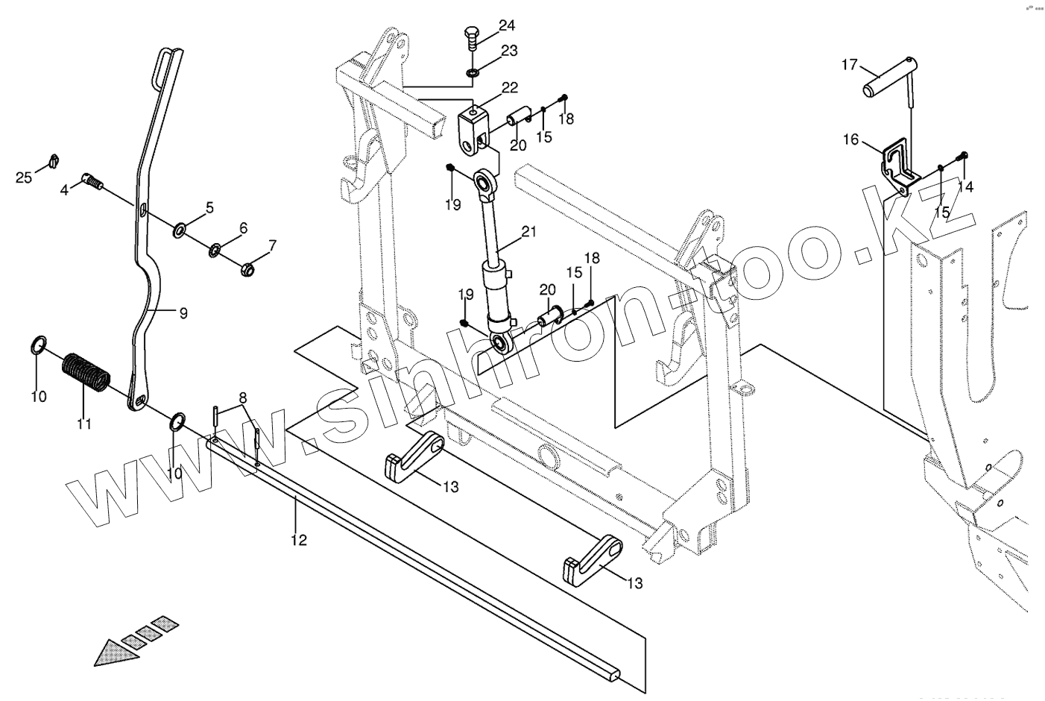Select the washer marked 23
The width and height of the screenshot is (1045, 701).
tap(473, 72)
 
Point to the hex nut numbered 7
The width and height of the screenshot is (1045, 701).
tap(247, 267)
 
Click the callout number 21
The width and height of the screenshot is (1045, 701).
tap(528, 231)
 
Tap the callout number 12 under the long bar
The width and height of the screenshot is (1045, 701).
tap(299, 540)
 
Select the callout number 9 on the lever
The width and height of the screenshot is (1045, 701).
tap(183, 314)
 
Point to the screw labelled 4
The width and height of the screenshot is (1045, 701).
tap(93, 180)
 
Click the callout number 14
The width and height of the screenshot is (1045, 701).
tap(966, 186)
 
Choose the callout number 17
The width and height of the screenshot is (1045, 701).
tap(850, 64)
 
